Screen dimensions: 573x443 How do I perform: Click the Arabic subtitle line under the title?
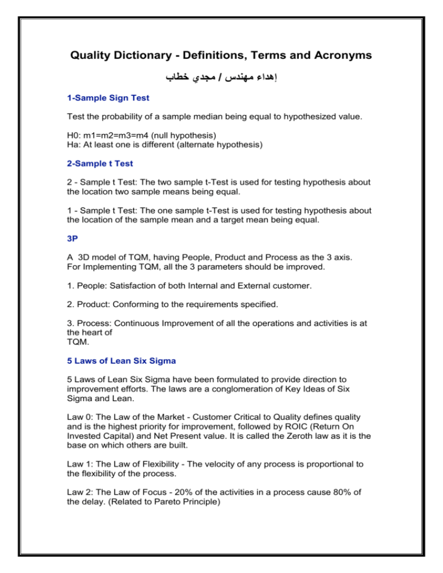(x=221, y=77)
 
